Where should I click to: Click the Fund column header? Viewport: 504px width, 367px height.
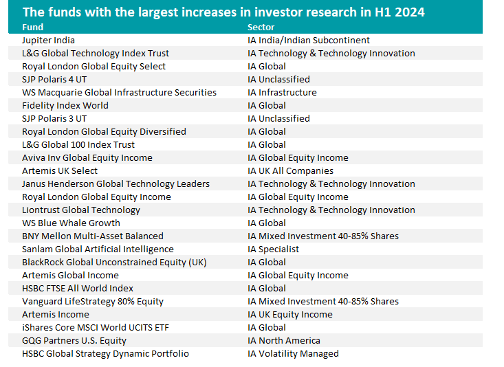[32, 27]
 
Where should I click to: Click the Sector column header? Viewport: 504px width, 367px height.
[261, 27]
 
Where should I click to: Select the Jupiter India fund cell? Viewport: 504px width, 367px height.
[48, 41]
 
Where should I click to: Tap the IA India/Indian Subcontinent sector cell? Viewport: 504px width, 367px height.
[309, 41]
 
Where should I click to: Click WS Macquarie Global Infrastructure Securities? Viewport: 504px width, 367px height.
[119, 93]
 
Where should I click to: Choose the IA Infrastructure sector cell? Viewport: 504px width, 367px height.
[282, 93]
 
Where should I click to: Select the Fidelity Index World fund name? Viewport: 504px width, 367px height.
[65, 106]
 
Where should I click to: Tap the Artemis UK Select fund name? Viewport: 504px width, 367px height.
[60, 171]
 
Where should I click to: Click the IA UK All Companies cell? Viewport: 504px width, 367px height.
[290, 171]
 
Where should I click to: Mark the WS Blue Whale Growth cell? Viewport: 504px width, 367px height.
[71, 223]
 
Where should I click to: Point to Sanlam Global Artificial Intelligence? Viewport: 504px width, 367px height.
[98, 249]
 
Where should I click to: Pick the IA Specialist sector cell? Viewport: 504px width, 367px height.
[273, 249]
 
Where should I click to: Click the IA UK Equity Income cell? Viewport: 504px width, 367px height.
[289, 315]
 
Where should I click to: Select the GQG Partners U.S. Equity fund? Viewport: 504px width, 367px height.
[74, 341]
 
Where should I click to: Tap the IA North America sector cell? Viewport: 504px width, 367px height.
[284, 341]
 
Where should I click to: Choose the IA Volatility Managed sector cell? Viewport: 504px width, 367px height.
[293, 354]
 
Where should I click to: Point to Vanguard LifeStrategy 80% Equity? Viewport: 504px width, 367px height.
[93, 302]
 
